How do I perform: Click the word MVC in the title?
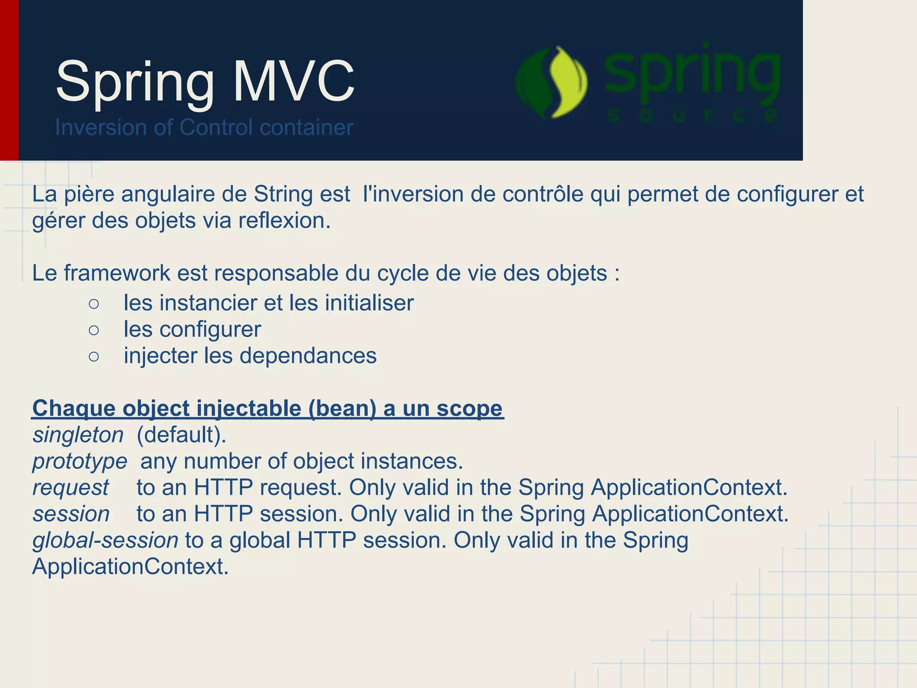point(293,82)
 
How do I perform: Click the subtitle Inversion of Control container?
point(204,127)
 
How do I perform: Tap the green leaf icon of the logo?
point(552,82)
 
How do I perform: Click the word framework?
point(117,273)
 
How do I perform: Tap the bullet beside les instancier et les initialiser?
point(94,304)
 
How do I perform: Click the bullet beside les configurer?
point(94,330)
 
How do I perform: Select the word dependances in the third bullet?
point(308,356)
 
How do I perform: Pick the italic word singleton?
point(78,435)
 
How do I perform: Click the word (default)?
point(181,435)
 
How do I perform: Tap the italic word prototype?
point(80,461)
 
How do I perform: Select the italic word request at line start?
point(70,488)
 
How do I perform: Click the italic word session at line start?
point(71,514)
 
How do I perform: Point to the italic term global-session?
point(105,540)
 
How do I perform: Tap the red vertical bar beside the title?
point(9,80)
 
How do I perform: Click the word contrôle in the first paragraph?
point(543,194)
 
